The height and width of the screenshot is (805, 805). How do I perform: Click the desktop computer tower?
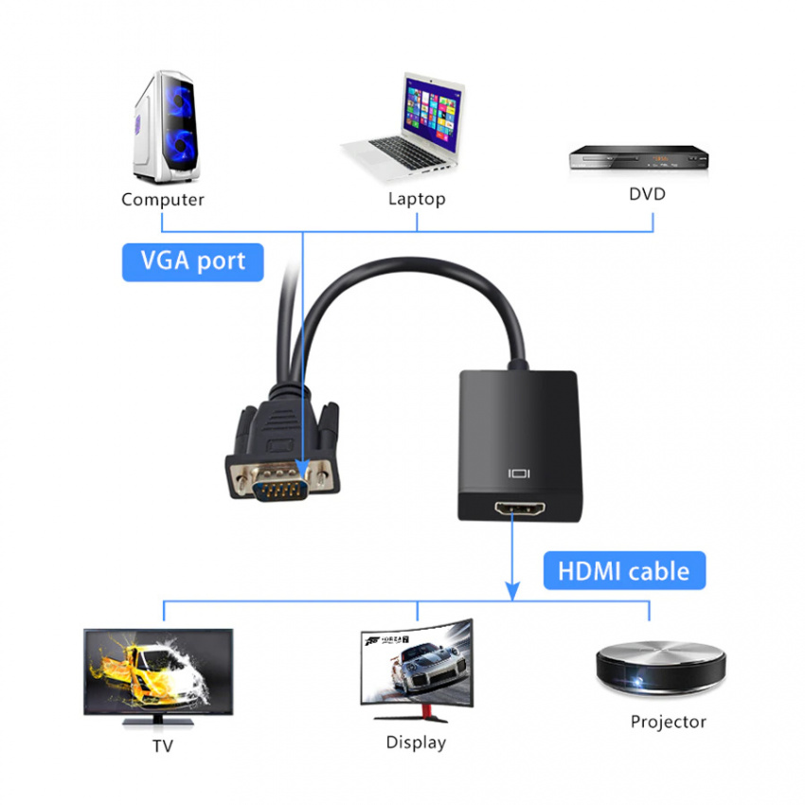(166, 127)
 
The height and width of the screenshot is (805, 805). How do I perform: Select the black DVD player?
(638, 157)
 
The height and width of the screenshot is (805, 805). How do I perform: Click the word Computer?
(163, 199)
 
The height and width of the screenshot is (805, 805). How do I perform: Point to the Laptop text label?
(417, 199)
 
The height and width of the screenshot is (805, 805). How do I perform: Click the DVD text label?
(648, 194)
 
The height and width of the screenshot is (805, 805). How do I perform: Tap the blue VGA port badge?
(193, 262)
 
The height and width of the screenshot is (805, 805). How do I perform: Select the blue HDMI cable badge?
(624, 570)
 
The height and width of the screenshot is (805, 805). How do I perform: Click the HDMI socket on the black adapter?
(520, 509)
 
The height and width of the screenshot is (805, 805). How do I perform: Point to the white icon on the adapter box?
(519, 474)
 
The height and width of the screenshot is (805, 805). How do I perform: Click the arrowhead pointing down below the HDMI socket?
(512, 590)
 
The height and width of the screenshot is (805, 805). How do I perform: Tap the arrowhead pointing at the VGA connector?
(302, 469)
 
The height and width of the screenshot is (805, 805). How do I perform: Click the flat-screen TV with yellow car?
(158, 676)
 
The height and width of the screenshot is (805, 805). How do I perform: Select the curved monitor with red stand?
(417, 670)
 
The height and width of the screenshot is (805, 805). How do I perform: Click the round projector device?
(661, 669)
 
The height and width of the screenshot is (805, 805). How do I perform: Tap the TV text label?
(163, 745)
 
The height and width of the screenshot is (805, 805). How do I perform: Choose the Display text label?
(416, 742)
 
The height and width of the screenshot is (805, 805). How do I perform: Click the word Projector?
(669, 722)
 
